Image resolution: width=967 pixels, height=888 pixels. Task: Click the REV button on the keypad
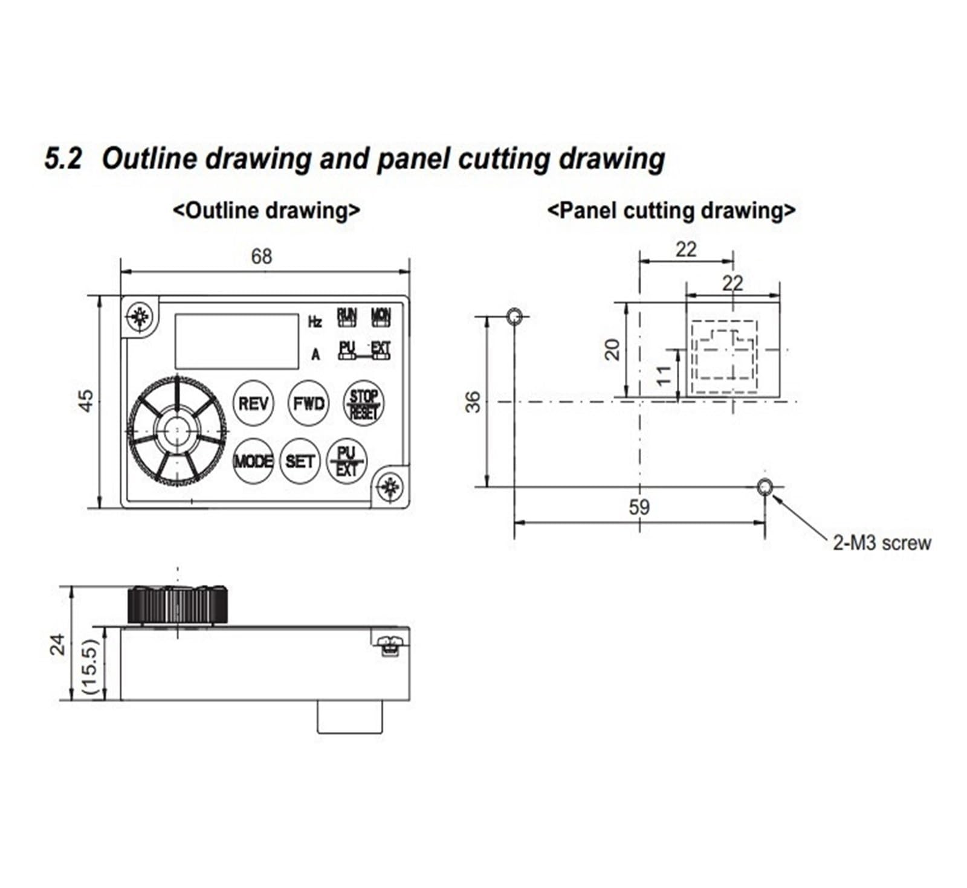[253, 403]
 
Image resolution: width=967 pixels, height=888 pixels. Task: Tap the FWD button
[308, 403]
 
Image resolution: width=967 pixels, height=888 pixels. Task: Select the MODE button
[253, 461]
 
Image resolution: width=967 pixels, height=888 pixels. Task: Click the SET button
[300, 461]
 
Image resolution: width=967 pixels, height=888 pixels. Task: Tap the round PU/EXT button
[346, 461]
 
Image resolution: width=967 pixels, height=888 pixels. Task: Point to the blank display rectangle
[237, 341]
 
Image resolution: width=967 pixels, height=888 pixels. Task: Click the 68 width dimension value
[262, 257]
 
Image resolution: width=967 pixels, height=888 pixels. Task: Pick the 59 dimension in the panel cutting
[639, 507]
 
